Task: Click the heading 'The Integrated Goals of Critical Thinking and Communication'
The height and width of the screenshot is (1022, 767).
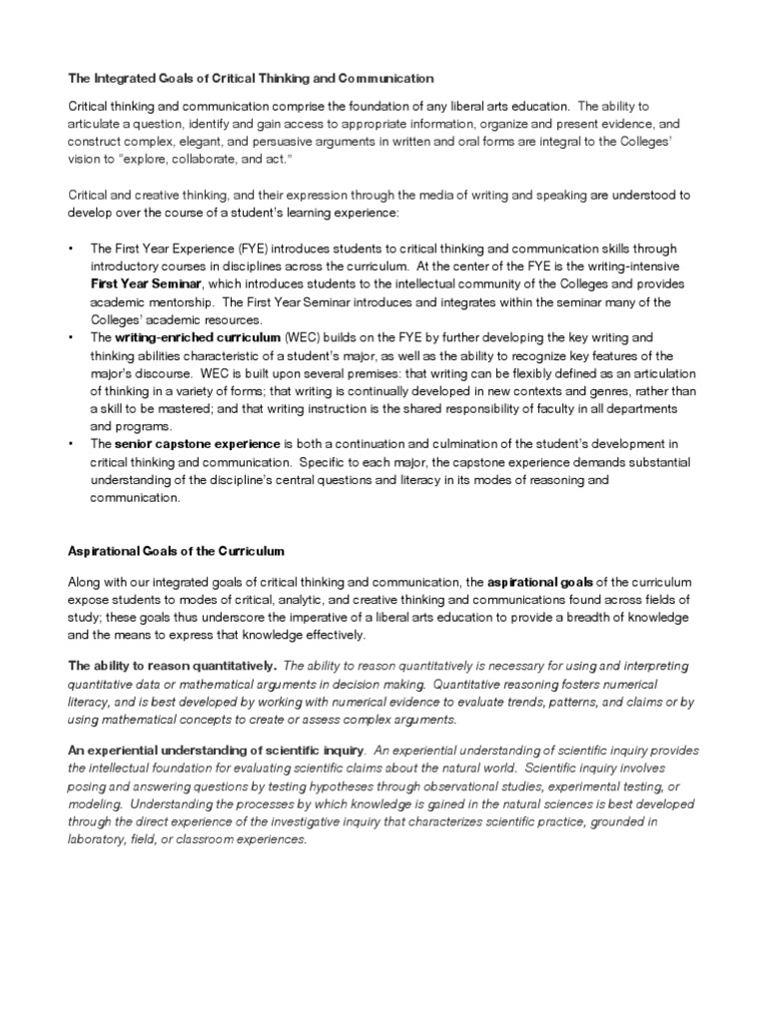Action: coord(251,77)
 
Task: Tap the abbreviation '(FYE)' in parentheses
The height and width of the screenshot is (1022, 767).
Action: coord(234,249)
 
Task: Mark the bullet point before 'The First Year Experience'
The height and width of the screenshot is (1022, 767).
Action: coord(71,249)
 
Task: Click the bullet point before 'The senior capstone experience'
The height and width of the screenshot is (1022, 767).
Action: coord(71,446)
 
